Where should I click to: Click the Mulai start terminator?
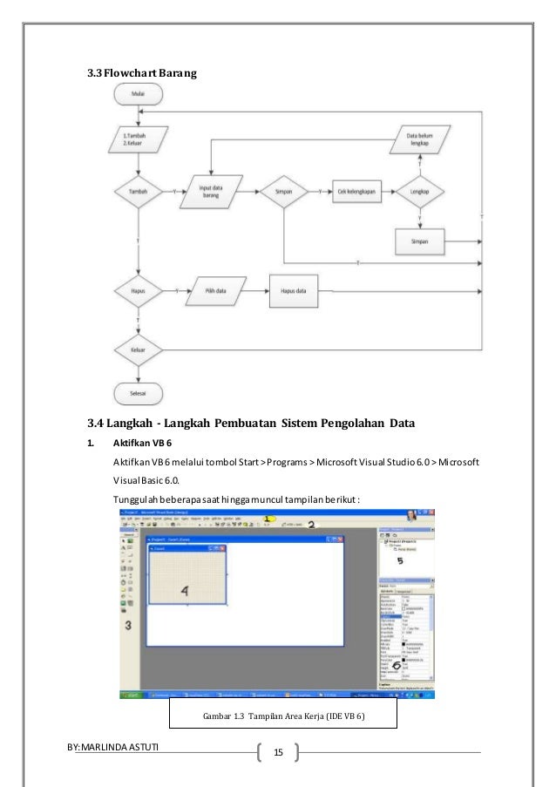[x=139, y=93]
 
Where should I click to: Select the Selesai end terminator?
[x=139, y=393]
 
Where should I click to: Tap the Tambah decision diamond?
[x=139, y=190]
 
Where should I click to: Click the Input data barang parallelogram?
[x=210, y=190]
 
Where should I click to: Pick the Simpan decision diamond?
[x=283, y=190]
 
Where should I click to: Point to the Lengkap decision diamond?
[x=423, y=190]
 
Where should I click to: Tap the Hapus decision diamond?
[x=139, y=289]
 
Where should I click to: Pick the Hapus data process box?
[x=294, y=289]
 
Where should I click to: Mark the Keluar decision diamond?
[x=139, y=350]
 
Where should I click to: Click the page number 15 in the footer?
[x=279, y=750]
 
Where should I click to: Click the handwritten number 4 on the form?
[x=184, y=589]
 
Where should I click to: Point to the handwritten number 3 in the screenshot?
[x=128, y=624]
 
